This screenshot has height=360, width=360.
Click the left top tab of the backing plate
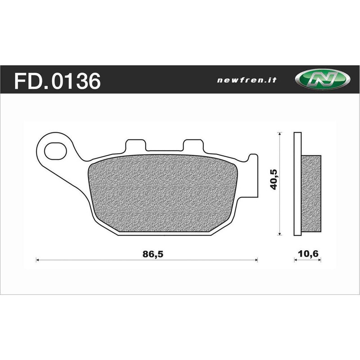point(135,145)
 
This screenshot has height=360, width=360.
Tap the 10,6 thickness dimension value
point(308,254)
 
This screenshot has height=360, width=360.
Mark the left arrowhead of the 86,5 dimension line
point(37,260)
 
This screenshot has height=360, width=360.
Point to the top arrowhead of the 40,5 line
point(280,134)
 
